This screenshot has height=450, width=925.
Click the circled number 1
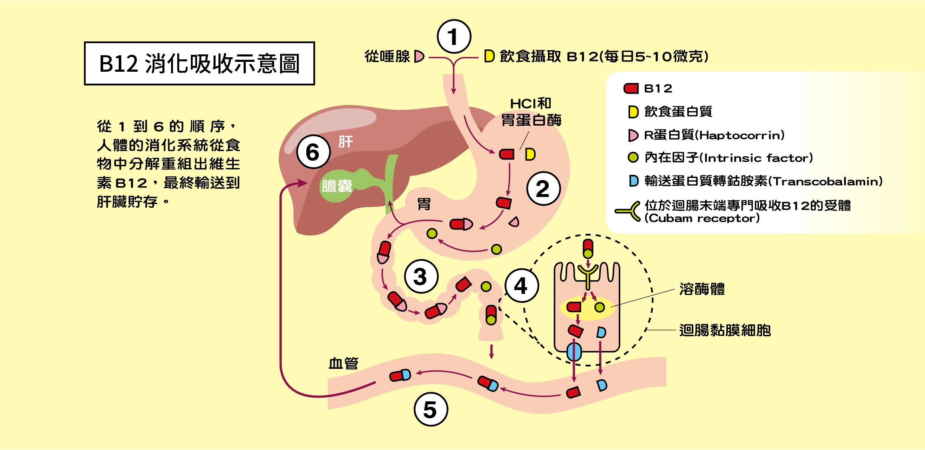(454, 37)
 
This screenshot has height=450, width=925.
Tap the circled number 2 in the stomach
(543, 189)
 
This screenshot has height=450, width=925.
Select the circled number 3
(421, 276)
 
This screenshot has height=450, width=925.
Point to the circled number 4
(521, 285)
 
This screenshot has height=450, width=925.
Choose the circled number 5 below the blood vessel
(431, 409)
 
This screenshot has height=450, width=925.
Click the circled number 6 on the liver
(313, 152)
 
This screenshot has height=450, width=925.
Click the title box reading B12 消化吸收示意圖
(200, 63)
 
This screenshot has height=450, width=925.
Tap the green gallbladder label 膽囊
(337, 186)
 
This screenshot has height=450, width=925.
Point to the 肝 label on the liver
(345, 142)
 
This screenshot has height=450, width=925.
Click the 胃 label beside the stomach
(424, 204)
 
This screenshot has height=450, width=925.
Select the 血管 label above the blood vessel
(343, 363)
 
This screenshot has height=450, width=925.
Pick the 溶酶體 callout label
(702, 289)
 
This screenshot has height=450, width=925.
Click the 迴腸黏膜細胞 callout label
(725, 330)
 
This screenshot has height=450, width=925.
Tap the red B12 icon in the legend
(631, 88)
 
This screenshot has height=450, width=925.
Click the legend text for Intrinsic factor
(729, 157)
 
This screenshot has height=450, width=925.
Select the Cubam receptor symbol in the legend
(627, 211)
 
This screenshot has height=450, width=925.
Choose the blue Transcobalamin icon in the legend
(634, 180)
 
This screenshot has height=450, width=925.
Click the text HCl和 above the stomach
(531, 103)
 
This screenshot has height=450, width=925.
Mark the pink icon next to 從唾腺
(419, 56)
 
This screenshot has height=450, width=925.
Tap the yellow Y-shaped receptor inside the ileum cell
(588, 276)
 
